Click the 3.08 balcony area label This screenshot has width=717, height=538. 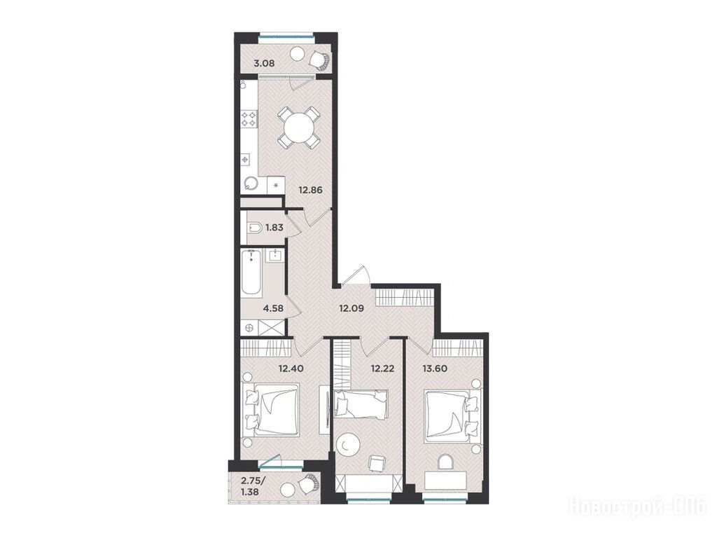264,64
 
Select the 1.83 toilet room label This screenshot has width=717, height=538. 274,228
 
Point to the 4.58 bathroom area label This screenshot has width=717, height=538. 273,308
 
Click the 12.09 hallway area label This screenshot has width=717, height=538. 351,308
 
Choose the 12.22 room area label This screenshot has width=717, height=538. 382,367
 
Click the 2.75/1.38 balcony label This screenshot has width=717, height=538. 253,486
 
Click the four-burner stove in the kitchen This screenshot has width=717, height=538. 249,118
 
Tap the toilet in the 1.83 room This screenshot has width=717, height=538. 254,228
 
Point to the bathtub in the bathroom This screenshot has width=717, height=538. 251,272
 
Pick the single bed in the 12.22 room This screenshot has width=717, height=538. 361,403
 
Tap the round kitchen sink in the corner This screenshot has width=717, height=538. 251,184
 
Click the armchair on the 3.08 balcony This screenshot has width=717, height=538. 319,60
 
